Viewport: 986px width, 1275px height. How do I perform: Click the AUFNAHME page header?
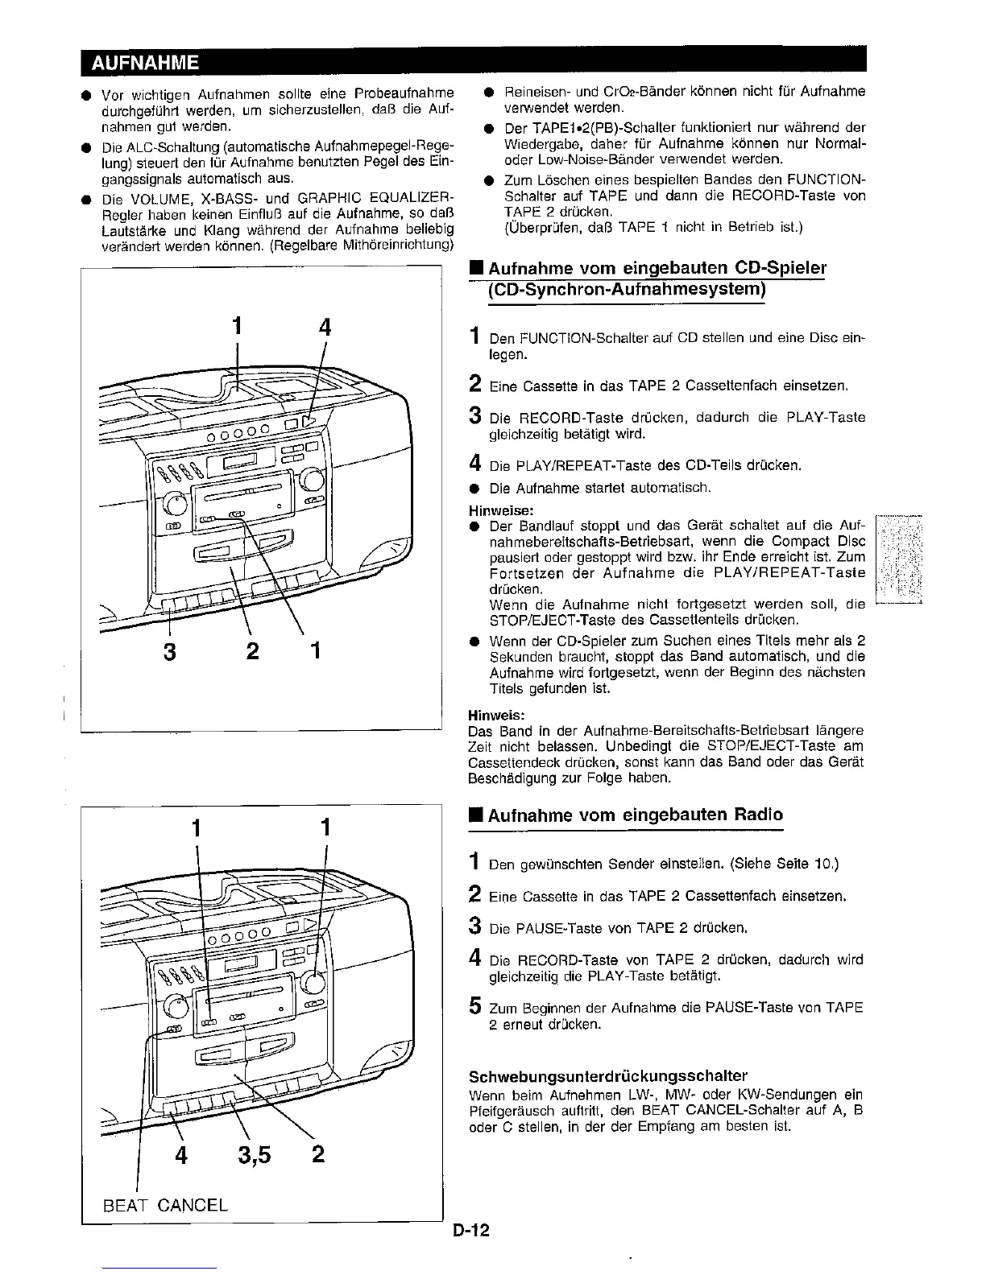(145, 62)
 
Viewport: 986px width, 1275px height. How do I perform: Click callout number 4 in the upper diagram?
(325, 327)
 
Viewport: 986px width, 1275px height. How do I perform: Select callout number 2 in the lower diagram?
(317, 1155)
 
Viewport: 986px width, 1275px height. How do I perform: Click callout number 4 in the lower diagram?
(181, 1155)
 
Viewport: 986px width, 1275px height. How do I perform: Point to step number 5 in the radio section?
(475, 1007)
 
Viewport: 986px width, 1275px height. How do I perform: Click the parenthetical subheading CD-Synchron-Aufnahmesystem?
(625, 289)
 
